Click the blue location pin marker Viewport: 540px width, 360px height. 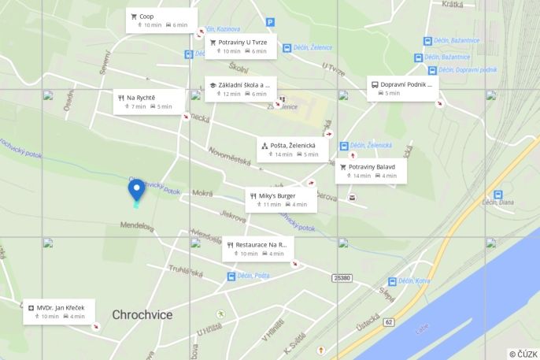click(136, 190)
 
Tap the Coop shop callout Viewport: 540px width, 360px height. click(158, 20)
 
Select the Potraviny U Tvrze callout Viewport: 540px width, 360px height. click(237, 46)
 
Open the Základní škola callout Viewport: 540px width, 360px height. click(239, 89)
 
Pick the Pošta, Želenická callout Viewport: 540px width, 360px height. click(292, 149)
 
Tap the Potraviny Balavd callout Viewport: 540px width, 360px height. click(371, 171)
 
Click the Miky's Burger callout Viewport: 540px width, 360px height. click(280, 199)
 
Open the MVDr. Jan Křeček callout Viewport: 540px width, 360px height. click(60, 311)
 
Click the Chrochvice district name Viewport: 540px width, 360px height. click(142, 315)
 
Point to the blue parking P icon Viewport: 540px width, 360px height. click(271, 23)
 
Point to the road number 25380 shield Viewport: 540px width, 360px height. click(342, 277)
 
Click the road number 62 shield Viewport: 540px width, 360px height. click(387, 323)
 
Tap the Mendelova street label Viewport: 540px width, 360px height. click(135, 226)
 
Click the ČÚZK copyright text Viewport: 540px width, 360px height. click(523, 354)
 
